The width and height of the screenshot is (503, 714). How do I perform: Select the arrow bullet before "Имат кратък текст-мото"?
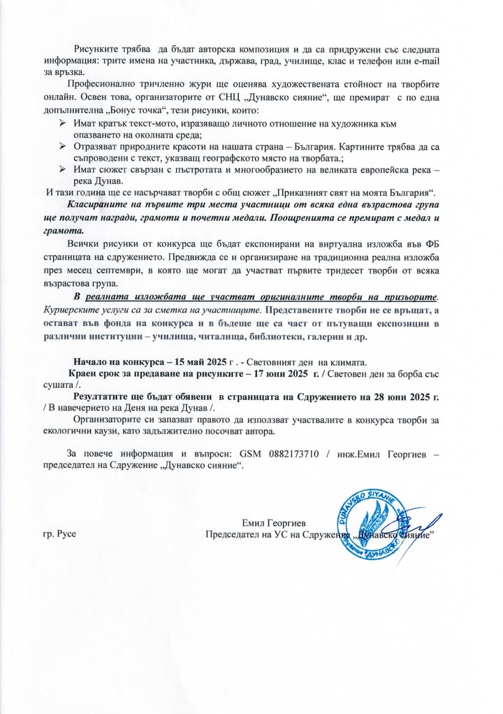coord(63,123)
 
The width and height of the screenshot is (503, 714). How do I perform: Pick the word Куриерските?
coord(73,309)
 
